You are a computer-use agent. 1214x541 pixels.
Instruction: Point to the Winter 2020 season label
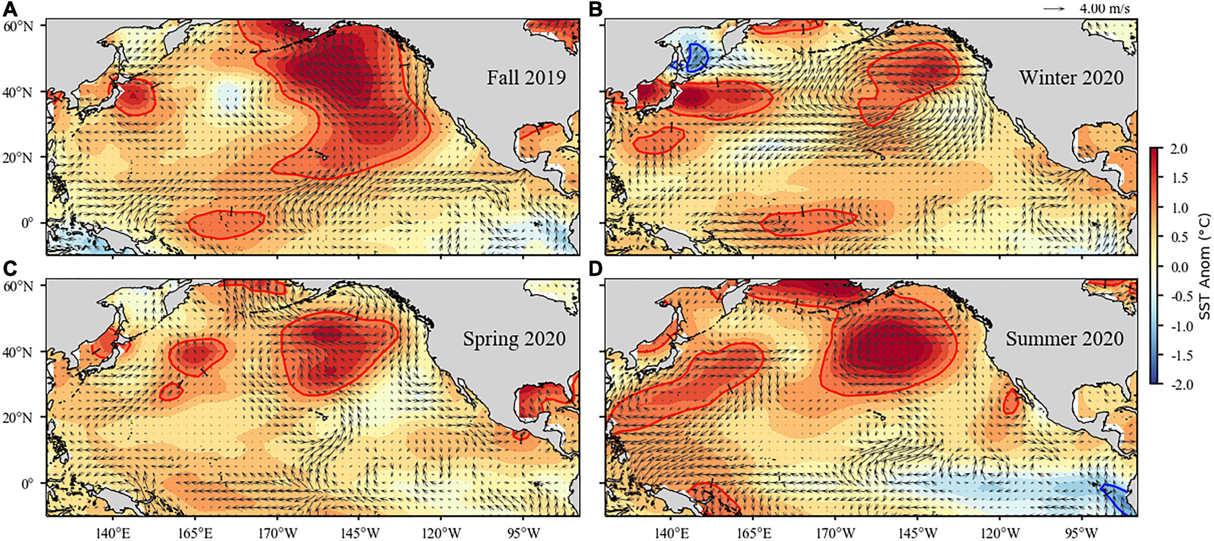(1071, 78)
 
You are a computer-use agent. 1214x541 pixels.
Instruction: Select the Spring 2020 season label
(514, 338)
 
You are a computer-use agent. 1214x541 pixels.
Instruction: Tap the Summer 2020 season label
(1064, 338)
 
